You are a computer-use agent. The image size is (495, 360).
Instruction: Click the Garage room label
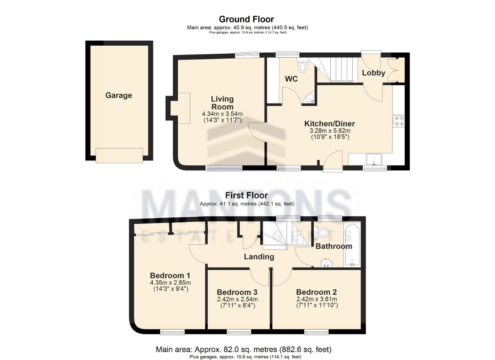[x=119, y=95]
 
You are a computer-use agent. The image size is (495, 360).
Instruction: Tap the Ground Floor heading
[x=246, y=19]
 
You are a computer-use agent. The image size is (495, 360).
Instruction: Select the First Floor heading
[x=246, y=195]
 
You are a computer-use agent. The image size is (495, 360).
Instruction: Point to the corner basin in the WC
[x=309, y=98]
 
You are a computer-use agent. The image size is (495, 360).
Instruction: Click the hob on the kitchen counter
[x=399, y=121]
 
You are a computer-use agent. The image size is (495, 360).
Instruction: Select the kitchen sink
[x=374, y=160]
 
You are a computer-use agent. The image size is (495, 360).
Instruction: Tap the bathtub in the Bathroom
[x=352, y=245]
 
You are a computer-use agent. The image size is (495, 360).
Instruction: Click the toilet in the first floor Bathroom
[x=322, y=232]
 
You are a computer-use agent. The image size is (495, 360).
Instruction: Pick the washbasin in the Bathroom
[x=326, y=263]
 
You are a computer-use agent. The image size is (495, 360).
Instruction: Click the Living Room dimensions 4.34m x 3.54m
[x=222, y=114]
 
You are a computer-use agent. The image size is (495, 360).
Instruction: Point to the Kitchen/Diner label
[x=329, y=123]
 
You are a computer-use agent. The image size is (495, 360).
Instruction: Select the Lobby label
[x=374, y=73]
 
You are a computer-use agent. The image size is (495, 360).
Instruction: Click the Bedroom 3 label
[x=237, y=292]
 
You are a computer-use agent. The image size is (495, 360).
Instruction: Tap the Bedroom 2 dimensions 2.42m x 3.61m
[x=317, y=299]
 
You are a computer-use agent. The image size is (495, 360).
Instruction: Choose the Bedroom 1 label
[x=170, y=275]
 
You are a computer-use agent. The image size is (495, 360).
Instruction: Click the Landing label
[x=259, y=257]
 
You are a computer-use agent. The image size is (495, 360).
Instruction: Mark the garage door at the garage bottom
[x=119, y=155]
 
